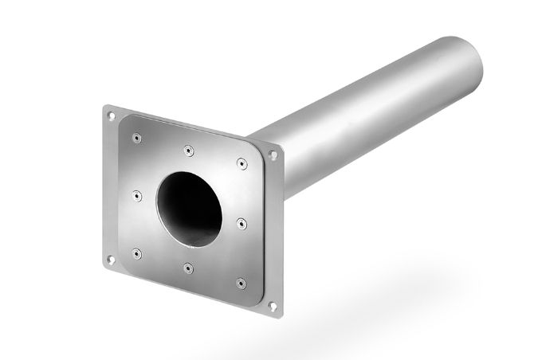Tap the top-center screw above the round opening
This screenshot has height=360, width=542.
pos(187,148)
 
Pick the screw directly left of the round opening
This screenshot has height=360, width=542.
pos(137,194)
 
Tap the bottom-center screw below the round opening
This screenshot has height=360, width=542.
pos(187,267)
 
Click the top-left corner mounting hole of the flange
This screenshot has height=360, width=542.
pos(112,116)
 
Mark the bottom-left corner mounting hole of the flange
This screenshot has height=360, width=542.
pos(111,257)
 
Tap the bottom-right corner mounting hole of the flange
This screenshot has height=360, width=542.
pos(274,304)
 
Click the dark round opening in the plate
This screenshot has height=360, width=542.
pos(190,205)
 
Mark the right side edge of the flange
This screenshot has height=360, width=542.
pos(281,231)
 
